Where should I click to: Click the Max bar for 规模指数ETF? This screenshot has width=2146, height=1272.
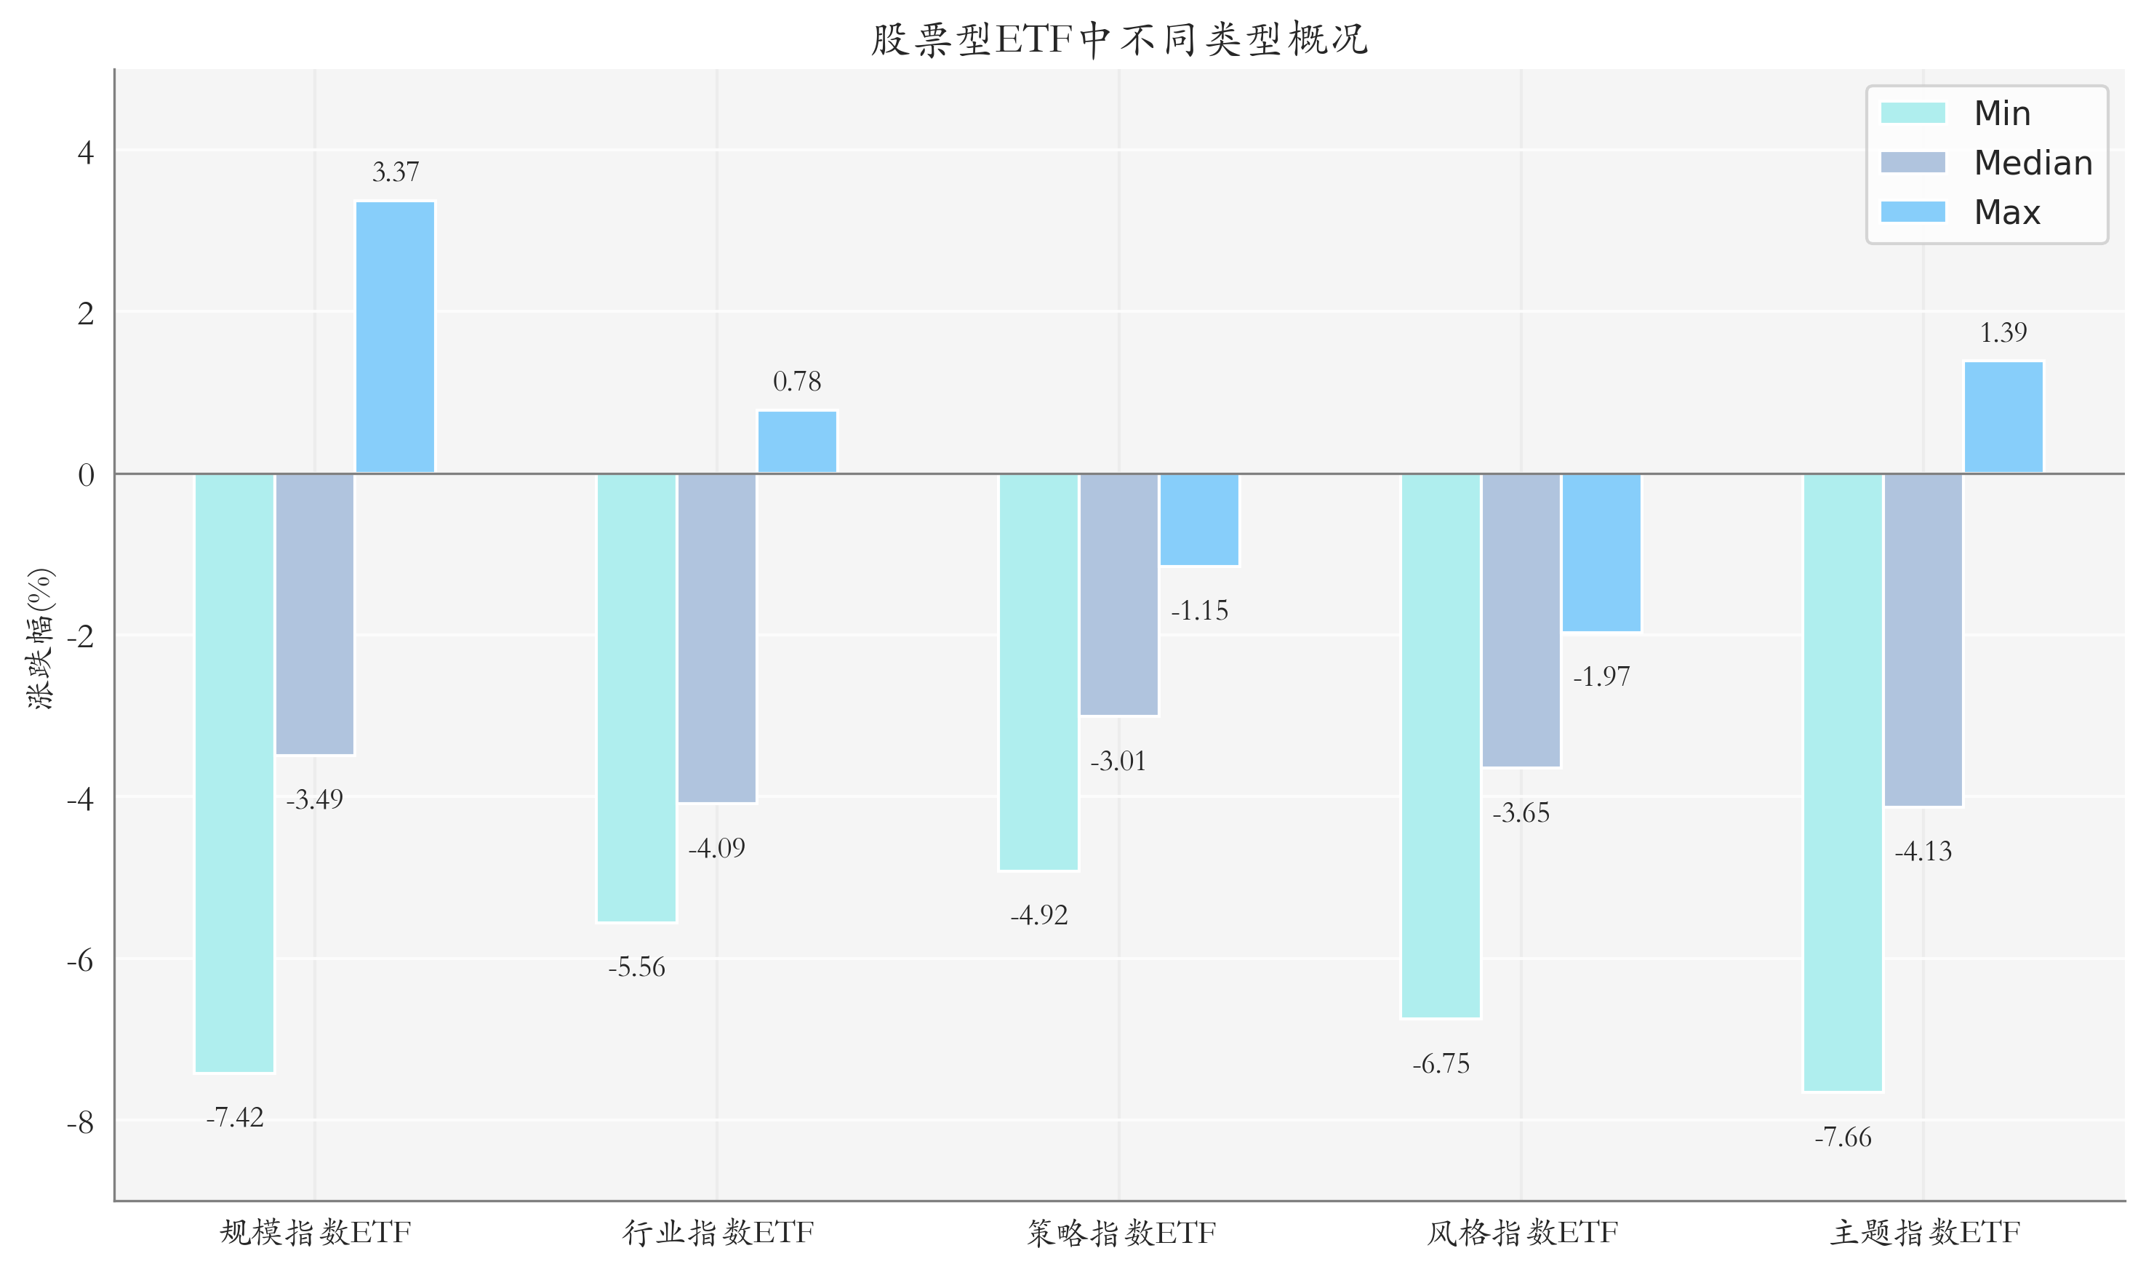(395, 337)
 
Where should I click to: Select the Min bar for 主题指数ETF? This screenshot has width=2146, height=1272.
(1843, 782)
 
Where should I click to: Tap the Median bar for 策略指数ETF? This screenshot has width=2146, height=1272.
(1118, 594)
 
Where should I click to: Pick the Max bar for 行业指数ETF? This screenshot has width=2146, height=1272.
(797, 441)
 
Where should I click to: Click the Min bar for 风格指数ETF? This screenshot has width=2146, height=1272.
(1441, 745)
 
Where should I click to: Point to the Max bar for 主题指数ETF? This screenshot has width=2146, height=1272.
(2003, 417)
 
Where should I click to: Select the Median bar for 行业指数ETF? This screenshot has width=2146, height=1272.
(716, 638)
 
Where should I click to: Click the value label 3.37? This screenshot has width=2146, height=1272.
(395, 172)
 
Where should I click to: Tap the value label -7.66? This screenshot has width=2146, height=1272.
(1843, 1137)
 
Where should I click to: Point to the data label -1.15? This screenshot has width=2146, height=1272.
(1199, 611)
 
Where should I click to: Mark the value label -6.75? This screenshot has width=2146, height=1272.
(1441, 1065)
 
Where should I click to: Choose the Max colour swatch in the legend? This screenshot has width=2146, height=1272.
(1913, 212)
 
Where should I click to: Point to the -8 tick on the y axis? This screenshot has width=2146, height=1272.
(81, 1122)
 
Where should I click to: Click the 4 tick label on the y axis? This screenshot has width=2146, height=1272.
(85, 153)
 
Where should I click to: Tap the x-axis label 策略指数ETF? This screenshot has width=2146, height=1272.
(1121, 1233)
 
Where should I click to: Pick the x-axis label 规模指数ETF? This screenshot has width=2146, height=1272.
(316, 1233)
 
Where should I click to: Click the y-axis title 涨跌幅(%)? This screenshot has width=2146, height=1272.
(40, 639)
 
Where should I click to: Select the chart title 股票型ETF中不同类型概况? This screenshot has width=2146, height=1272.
(1119, 39)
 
